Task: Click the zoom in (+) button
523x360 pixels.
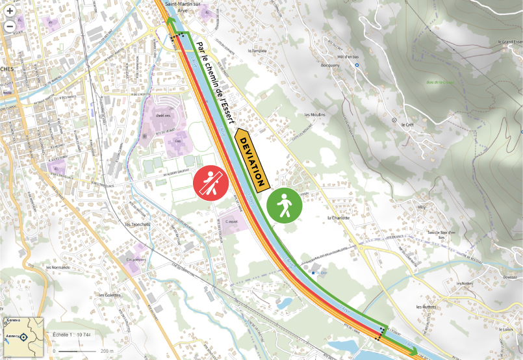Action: (10, 11)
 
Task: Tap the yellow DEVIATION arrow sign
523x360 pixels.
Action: (251, 161)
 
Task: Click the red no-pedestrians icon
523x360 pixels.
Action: (212, 183)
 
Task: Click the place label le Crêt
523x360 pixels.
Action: (407, 124)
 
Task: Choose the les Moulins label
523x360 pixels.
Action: (314, 114)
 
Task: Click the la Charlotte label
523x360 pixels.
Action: (338, 218)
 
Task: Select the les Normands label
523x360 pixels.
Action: (58, 267)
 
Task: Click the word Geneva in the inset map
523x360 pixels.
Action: (13, 321)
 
